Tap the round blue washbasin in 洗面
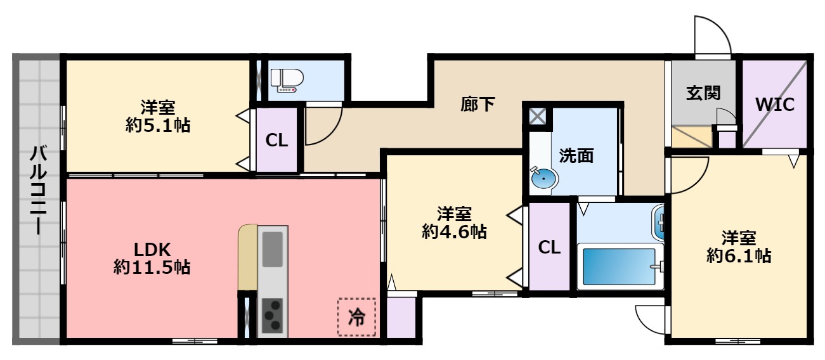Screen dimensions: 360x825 point(543,179)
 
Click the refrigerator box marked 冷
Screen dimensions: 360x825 point(357,317)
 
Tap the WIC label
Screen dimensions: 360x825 point(774,105)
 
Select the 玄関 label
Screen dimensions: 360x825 point(703,93)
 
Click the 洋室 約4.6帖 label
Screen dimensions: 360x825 point(454,222)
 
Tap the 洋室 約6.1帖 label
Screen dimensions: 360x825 point(739,247)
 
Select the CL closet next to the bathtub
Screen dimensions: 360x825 point(549,248)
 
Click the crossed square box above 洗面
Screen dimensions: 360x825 point(538,116)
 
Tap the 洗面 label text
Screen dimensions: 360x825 point(576,155)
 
